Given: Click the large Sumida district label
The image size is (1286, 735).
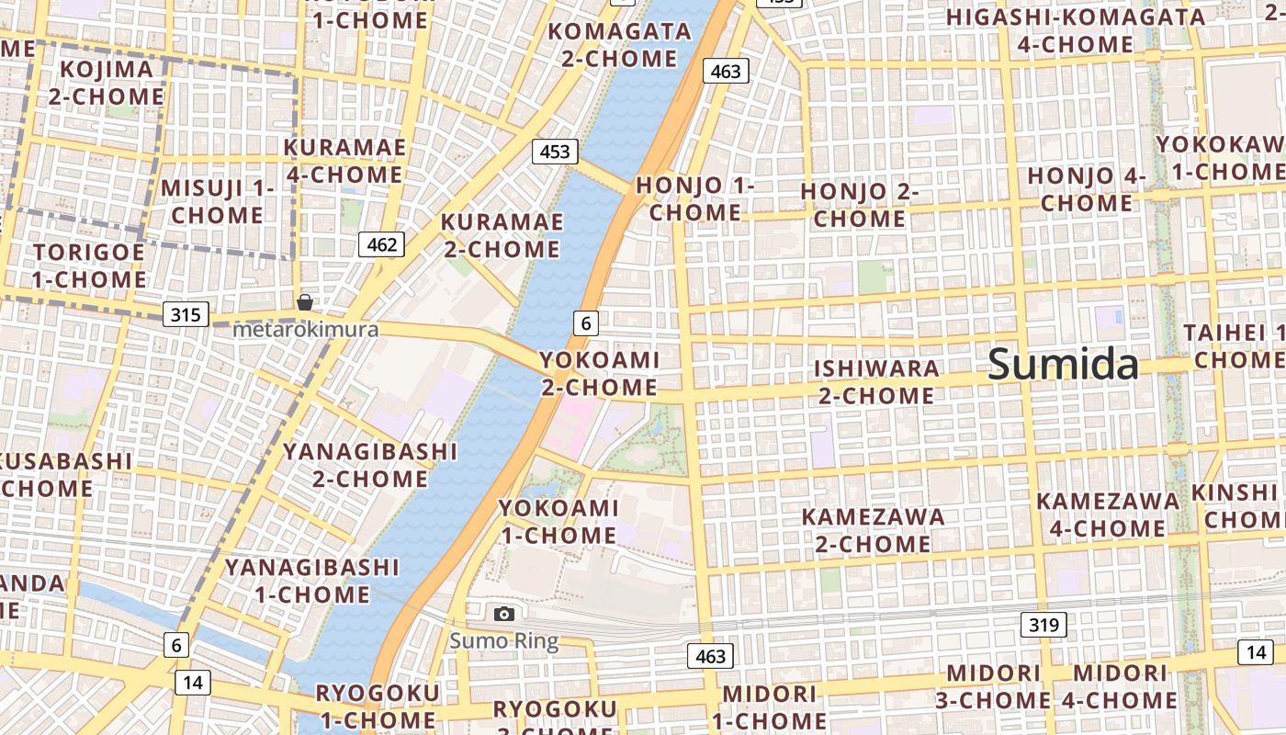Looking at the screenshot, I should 1063,365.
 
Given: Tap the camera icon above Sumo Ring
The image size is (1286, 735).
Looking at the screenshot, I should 503,614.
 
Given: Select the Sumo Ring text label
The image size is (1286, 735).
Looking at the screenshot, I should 503,640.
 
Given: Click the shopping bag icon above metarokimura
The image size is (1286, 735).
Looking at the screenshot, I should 304,302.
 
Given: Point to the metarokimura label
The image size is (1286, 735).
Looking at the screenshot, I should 305,329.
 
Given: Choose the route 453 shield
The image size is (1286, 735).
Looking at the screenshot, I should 555,152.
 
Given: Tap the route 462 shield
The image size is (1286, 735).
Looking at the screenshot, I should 381,244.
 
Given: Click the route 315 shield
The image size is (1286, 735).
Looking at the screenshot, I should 185,315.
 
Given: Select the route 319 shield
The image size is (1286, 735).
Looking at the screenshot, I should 1043,626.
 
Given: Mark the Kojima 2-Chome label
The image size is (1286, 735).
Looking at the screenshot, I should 106,83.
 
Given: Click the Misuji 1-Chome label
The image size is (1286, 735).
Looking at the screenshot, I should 218,201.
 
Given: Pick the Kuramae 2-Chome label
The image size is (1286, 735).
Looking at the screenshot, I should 501,235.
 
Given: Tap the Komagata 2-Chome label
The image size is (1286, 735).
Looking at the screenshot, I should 619,45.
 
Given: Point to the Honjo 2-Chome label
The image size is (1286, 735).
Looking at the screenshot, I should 860,205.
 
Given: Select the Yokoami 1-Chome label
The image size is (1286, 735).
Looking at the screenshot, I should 558,521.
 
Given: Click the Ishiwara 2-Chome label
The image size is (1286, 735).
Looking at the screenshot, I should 876,382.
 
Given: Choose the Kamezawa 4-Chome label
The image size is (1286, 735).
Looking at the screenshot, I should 1108,514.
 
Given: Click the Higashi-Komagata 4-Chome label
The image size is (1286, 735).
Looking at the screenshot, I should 1076,30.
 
